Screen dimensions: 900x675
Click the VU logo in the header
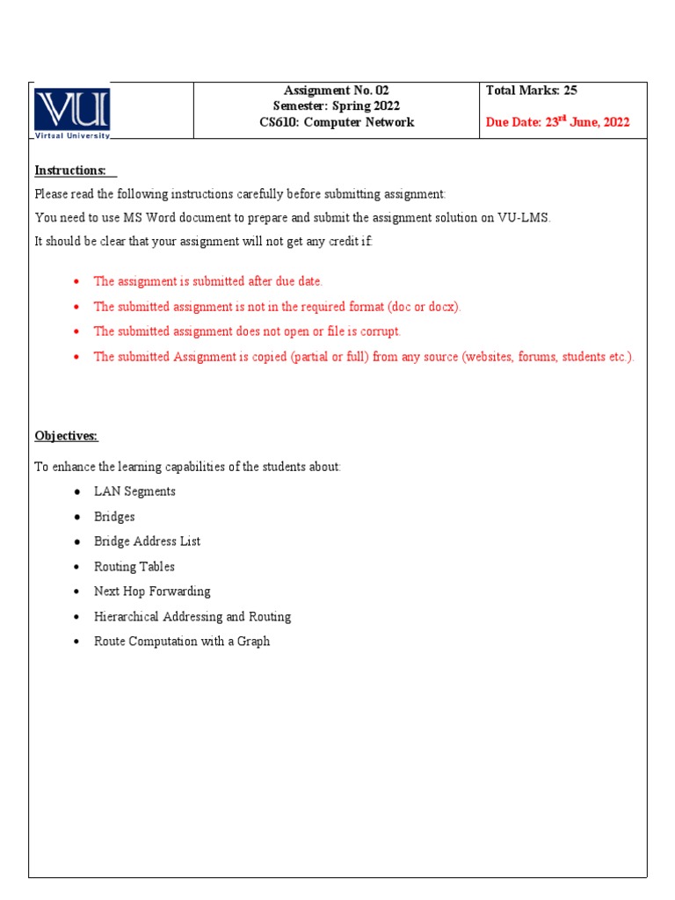pos(72,112)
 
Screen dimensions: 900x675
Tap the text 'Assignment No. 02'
pos(336,91)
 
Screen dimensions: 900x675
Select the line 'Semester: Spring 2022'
pos(336,106)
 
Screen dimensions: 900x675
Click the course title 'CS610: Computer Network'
pos(336,122)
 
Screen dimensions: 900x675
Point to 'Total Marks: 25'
pos(531,91)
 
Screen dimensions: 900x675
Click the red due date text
pos(557,122)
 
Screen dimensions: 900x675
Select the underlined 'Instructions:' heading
pos(70,170)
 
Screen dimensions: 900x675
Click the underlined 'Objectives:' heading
pos(66,436)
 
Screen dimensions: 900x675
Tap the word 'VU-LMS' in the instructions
pos(525,218)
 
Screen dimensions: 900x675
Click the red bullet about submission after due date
pos(208,281)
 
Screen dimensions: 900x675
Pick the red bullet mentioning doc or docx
pos(277,307)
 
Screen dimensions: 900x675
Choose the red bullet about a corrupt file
pos(247,331)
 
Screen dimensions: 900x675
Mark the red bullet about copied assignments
pos(363,357)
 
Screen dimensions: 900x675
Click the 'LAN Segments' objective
pos(134,491)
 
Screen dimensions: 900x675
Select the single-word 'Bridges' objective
pos(114,517)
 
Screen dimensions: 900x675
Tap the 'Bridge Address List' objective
pos(147,541)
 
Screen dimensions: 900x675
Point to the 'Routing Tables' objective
pos(134,567)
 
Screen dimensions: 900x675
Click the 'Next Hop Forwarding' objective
pos(152,592)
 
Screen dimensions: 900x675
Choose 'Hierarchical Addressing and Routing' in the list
pos(192,617)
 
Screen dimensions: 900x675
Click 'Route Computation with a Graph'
pos(182,642)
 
